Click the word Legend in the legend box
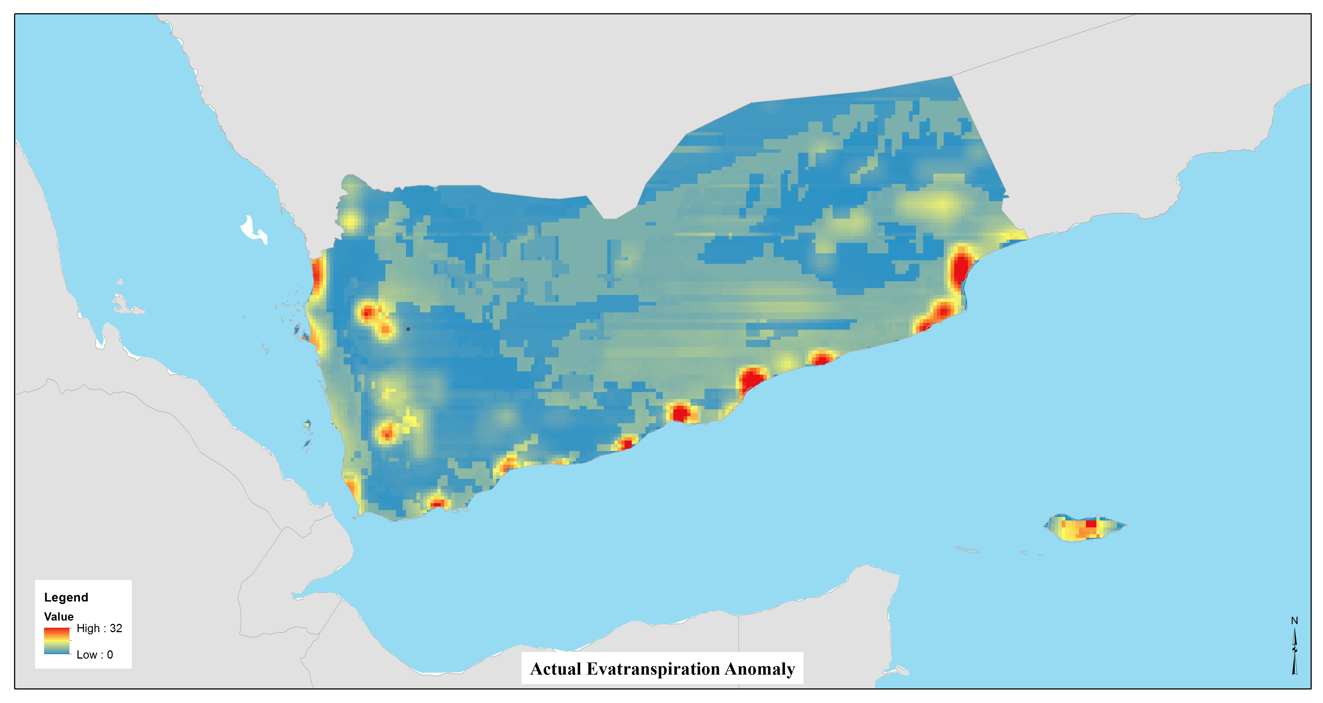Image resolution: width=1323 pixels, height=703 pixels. [66, 597]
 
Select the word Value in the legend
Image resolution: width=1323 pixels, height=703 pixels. [58, 616]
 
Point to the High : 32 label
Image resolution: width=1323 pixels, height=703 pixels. [99, 628]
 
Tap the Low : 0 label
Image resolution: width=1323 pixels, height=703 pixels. [95, 655]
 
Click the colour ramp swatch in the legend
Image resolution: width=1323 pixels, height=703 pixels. [57, 641]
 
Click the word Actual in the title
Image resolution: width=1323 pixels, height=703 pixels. [556, 669]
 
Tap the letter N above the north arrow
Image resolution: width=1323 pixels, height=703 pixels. [1294, 621]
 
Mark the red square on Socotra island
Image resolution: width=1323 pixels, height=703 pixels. [1091, 524]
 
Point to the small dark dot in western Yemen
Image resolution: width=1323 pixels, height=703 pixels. [408, 329]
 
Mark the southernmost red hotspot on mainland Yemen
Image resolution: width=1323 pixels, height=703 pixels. [437, 504]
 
